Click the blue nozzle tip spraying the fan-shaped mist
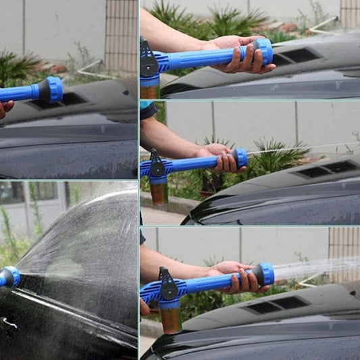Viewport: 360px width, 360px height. [x=10, y=276]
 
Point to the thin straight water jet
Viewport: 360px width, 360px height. [x=297, y=148]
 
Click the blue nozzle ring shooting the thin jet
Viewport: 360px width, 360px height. [x=240, y=158]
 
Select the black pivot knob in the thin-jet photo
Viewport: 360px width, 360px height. [x=157, y=169]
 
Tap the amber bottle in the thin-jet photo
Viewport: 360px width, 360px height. [x=159, y=192]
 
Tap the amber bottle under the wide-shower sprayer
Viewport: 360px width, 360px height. [x=170, y=319]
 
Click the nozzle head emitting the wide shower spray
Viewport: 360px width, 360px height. [x=264, y=274]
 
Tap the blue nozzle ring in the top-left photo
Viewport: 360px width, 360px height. [x=53, y=89]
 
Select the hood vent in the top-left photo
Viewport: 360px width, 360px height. [x=64, y=100]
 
